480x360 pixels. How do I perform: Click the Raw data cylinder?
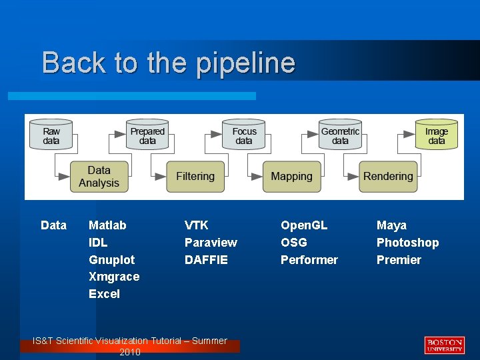(x=51, y=135)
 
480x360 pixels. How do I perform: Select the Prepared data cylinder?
(x=147, y=135)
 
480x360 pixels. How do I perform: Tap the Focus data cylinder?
(x=244, y=135)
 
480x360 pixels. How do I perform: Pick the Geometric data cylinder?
(x=340, y=135)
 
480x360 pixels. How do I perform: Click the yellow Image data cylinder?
(x=437, y=135)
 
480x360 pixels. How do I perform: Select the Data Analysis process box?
(x=99, y=177)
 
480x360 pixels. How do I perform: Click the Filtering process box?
(x=195, y=177)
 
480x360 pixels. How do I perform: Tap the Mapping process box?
(x=291, y=177)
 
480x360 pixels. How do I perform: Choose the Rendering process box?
(x=388, y=177)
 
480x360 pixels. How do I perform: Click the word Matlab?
(x=107, y=225)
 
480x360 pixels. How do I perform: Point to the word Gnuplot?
(x=111, y=260)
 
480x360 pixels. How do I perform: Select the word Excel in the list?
(x=104, y=294)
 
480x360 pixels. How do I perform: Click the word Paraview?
(x=211, y=243)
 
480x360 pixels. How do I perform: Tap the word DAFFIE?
(x=206, y=260)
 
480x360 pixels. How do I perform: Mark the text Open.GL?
(x=304, y=225)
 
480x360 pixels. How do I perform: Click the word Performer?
(x=309, y=260)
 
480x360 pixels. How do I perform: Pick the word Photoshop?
(x=407, y=243)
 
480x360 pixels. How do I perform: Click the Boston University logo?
(x=444, y=345)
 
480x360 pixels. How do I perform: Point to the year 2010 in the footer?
(x=130, y=352)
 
